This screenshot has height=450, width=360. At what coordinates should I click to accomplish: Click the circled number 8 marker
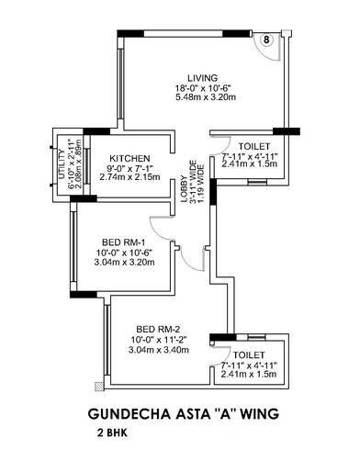click(x=265, y=40)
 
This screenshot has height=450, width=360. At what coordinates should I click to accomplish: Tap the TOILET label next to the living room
click(x=253, y=147)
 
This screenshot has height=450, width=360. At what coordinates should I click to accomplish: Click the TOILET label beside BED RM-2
click(x=249, y=354)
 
